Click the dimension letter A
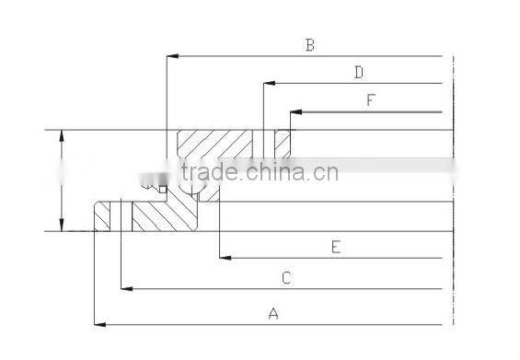(272, 314)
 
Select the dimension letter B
(310, 45)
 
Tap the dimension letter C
(286, 277)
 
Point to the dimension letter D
(359, 72)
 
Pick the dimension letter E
(336, 246)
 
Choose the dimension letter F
(371, 100)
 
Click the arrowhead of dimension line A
(99, 324)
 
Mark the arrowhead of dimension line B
(171, 56)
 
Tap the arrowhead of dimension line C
(128, 288)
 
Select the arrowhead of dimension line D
(268, 84)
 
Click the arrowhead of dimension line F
(295, 112)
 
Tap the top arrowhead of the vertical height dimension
(61, 135)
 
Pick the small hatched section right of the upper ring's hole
(283, 144)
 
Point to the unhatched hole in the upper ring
(267, 144)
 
